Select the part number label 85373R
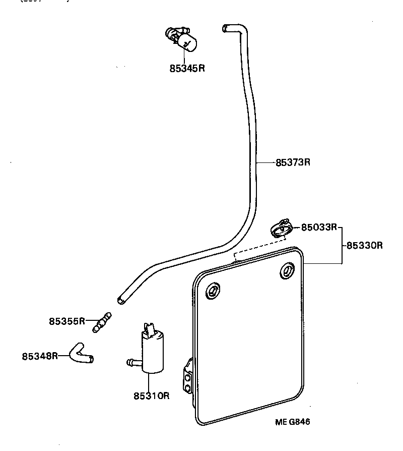(293, 162)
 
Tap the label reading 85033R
(319, 227)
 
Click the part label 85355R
(67, 321)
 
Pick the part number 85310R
(151, 396)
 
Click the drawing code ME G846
(292, 422)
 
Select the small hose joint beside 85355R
(102, 322)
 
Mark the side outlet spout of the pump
(131, 361)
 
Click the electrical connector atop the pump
(150, 328)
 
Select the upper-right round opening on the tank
(288, 270)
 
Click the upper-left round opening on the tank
(213, 291)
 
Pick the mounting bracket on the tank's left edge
(188, 376)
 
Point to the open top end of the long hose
(225, 28)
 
